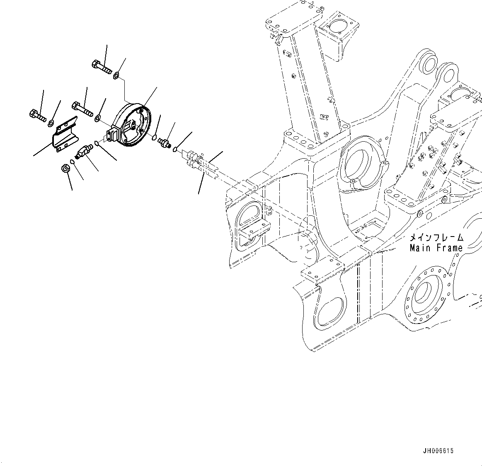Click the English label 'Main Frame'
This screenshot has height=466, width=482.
pyautogui.click(x=436, y=248)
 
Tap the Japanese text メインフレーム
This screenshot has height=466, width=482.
pyautogui.click(x=436, y=238)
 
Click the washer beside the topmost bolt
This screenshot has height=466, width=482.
pyautogui.click(x=117, y=75)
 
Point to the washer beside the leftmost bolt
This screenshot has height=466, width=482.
pyautogui.click(x=51, y=122)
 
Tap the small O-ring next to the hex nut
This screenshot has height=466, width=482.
pyautogui.click(x=73, y=162)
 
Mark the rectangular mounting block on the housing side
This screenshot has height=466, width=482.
pyautogui.click(x=112, y=135)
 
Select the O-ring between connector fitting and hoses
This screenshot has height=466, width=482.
pyautogui.click(x=175, y=149)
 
